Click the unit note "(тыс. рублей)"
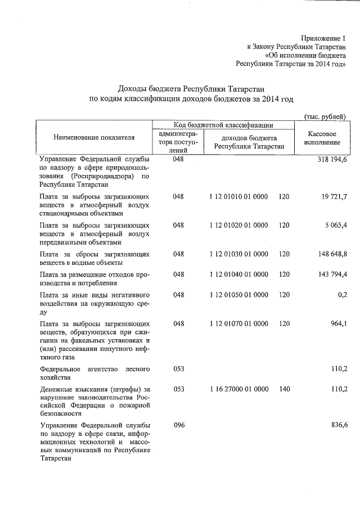pos(325,116)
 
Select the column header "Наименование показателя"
pos(94,137)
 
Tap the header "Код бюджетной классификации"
pos(223,125)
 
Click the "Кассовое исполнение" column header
pos(322,138)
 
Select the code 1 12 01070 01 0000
pos(238,323)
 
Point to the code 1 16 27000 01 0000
pos(238,389)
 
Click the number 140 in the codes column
pos(283,389)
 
